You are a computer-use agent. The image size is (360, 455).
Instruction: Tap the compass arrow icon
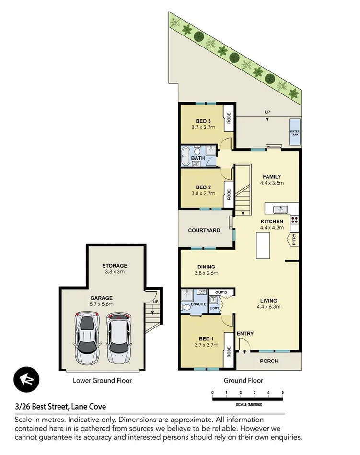[25, 379]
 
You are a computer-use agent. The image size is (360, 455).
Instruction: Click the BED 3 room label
[203, 121]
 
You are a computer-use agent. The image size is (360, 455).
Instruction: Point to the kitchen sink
[279, 210]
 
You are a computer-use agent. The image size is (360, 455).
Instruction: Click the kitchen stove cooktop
[294, 220]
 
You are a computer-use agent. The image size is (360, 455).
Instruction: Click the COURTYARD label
[204, 230]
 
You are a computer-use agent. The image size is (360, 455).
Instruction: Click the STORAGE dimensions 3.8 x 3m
[115, 272]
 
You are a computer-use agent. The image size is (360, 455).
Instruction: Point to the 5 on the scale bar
[283, 392]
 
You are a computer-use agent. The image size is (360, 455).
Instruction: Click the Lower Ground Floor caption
[102, 381]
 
